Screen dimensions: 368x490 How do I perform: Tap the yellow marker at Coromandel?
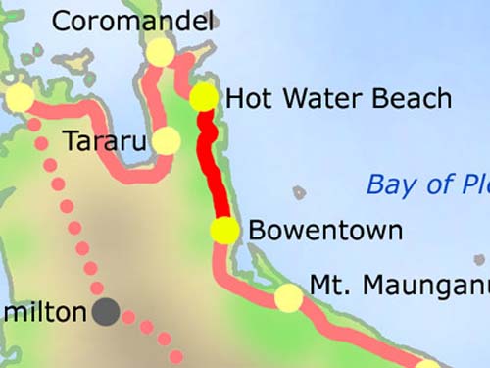click(x=159, y=52)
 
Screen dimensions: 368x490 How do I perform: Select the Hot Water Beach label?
click(x=338, y=98)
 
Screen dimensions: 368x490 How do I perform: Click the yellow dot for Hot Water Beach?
click(x=204, y=97)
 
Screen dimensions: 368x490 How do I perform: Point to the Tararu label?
click(x=105, y=141)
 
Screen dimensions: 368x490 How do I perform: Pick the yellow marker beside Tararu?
click(x=167, y=141)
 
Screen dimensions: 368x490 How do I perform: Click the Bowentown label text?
click(x=325, y=231)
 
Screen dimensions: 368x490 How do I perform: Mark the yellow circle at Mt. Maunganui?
click(x=288, y=297)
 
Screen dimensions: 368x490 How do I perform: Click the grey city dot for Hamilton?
click(x=107, y=313)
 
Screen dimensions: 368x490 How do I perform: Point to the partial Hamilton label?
click(x=43, y=313)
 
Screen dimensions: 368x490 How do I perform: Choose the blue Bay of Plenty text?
click(x=427, y=184)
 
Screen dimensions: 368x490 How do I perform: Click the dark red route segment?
click(x=214, y=167)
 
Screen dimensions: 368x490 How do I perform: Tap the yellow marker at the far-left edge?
click(x=19, y=97)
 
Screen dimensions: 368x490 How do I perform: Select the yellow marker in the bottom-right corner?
click(x=428, y=365)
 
